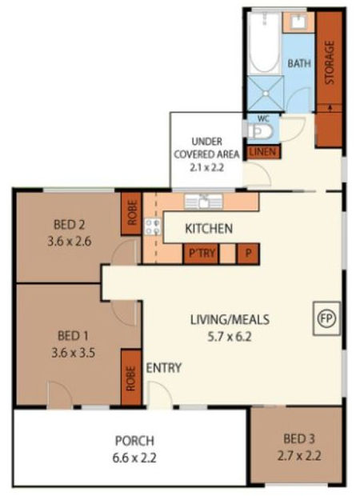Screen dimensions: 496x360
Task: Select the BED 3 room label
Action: pos(298,438)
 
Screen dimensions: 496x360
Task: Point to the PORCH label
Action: pos(134,440)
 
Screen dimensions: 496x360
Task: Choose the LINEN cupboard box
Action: pos(262,151)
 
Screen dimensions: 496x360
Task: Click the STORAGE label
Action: pos(329,62)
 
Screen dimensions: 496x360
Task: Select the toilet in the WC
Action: pos(262,131)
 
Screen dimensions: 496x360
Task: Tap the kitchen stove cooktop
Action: pos(152,225)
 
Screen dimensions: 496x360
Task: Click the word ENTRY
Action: pos(164,368)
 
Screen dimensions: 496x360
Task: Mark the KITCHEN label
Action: pos(209,230)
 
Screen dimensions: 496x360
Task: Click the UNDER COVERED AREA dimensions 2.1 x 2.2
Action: pos(206,168)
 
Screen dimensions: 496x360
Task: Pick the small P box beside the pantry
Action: pos(250,254)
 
